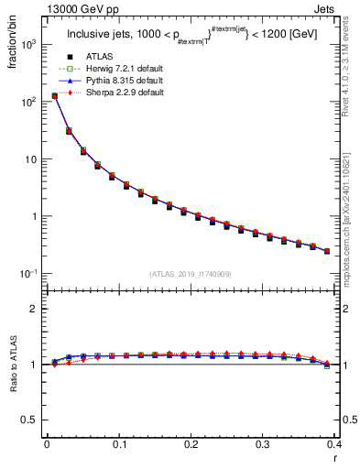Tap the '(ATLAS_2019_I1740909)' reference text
(x=191, y=274)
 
